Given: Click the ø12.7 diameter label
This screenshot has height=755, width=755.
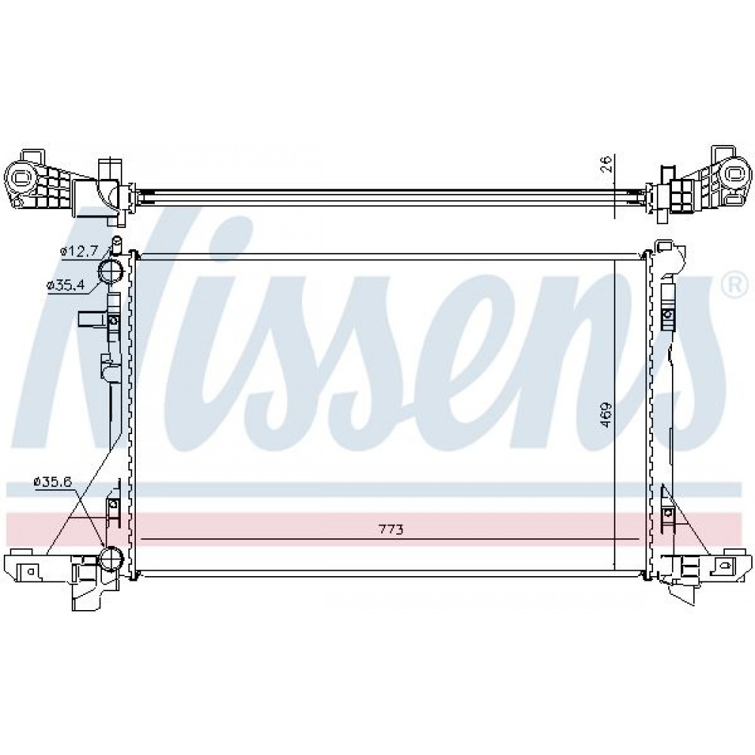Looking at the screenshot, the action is click(x=79, y=251).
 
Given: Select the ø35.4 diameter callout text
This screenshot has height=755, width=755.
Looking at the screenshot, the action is click(x=66, y=285).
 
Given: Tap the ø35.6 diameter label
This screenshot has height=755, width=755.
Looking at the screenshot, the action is click(x=53, y=481).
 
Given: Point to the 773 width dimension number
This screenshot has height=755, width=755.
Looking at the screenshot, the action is click(x=390, y=530).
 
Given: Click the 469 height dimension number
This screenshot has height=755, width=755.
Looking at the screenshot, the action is click(x=606, y=414).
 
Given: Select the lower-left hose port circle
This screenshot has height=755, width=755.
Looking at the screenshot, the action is click(x=111, y=559).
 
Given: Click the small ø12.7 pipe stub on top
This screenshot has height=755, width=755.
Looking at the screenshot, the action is click(x=116, y=244).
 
